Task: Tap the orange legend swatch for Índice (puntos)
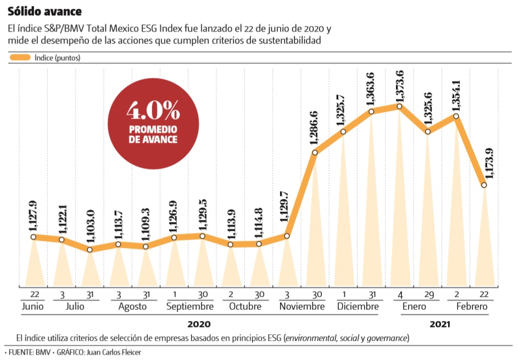tap(20, 57)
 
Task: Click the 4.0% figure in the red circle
tap(153, 112)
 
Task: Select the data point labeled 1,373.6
tap(400, 106)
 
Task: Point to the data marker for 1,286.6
tap(315, 152)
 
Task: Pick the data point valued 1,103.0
tap(90, 250)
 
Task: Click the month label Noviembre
tap(301, 306)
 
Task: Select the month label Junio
tap(33, 306)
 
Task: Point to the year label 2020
tap(199, 324)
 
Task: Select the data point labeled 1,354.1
tap(456, 116)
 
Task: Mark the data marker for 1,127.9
tap(34, 237)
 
